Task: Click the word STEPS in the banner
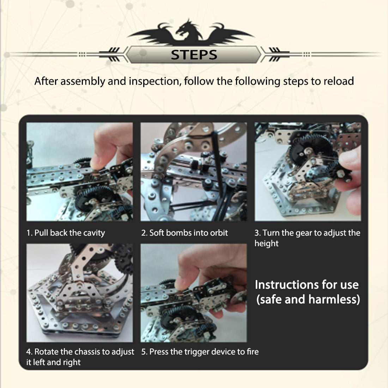tap(194, 55)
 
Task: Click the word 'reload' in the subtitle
tap(337, 81)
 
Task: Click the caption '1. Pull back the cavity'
tap(66, 233)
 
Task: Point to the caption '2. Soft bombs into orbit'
tap(184, 233)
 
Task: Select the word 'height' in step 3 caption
tap(266, 243)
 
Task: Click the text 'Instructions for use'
tap(307, 285)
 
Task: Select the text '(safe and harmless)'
tap(308, 299)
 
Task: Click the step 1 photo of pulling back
tap(80, 172)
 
